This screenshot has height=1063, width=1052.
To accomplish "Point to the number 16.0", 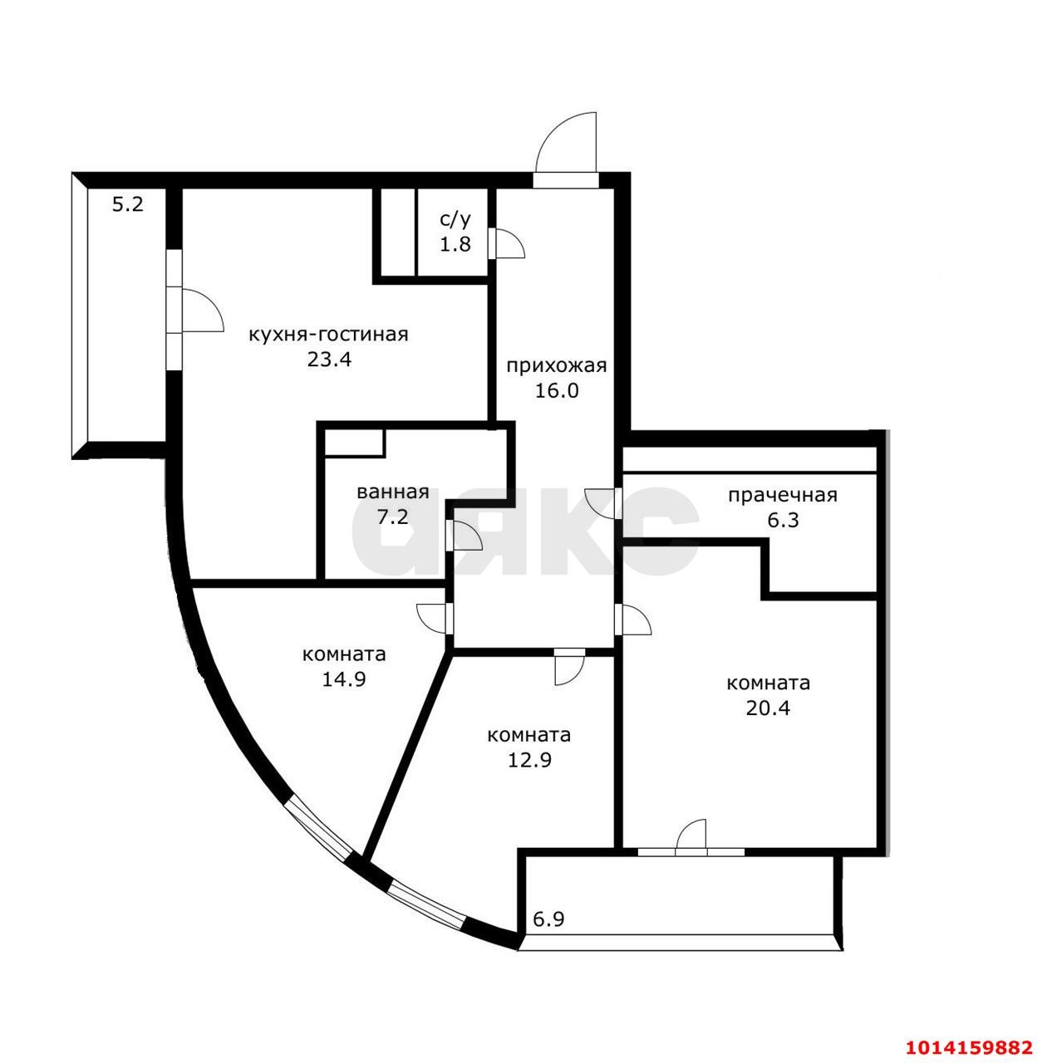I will (x=557, y=390).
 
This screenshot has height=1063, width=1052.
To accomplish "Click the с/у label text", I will (x=455, y=219).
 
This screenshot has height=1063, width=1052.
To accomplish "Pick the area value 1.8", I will (x=455, y=244).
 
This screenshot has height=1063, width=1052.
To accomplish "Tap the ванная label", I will (x=392, y=492).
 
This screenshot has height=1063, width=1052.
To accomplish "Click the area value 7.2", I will (x=392, y=517).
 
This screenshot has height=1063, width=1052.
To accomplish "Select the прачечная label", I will (x=782, y=496).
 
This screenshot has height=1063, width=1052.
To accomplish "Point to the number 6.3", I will (x=782, y=521).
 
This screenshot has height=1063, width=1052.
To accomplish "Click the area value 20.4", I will (x=768, y=708).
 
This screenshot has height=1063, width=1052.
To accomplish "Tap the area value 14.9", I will (x=344, y=678).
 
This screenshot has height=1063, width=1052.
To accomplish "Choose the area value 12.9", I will (x=528, y=759).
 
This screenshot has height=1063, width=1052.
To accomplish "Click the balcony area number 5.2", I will (x=128, y=203).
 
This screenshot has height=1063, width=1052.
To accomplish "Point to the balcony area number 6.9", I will (x=549, y=919).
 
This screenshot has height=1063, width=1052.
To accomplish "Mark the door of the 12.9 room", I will (x=569, y=664).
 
